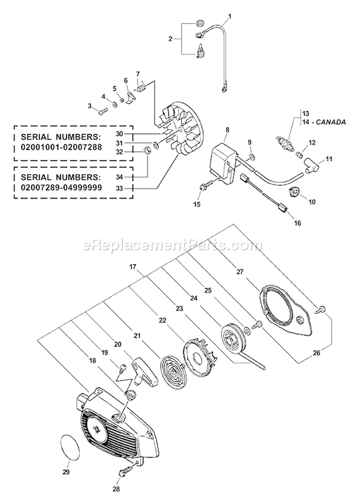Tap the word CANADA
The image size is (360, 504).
point(330,122)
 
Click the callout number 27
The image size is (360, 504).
point(240,271)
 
